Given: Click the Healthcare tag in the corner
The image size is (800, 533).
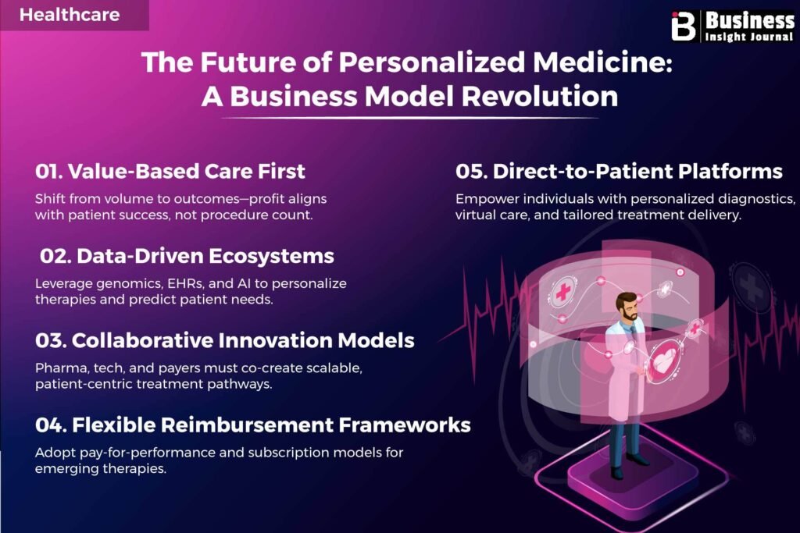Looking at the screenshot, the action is tap(70, 14).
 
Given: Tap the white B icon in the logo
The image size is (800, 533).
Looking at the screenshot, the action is tap(683, 26).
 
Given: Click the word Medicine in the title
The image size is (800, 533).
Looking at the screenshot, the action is tap(599, 62).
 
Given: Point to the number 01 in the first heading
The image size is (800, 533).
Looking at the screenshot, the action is tap(48, 171).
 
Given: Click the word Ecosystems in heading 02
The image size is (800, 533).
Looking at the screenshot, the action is tap(271, 256).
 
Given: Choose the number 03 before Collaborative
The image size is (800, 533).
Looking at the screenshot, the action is tap(49, 340).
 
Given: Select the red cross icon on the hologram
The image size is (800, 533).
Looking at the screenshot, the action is tap(562, 292).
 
